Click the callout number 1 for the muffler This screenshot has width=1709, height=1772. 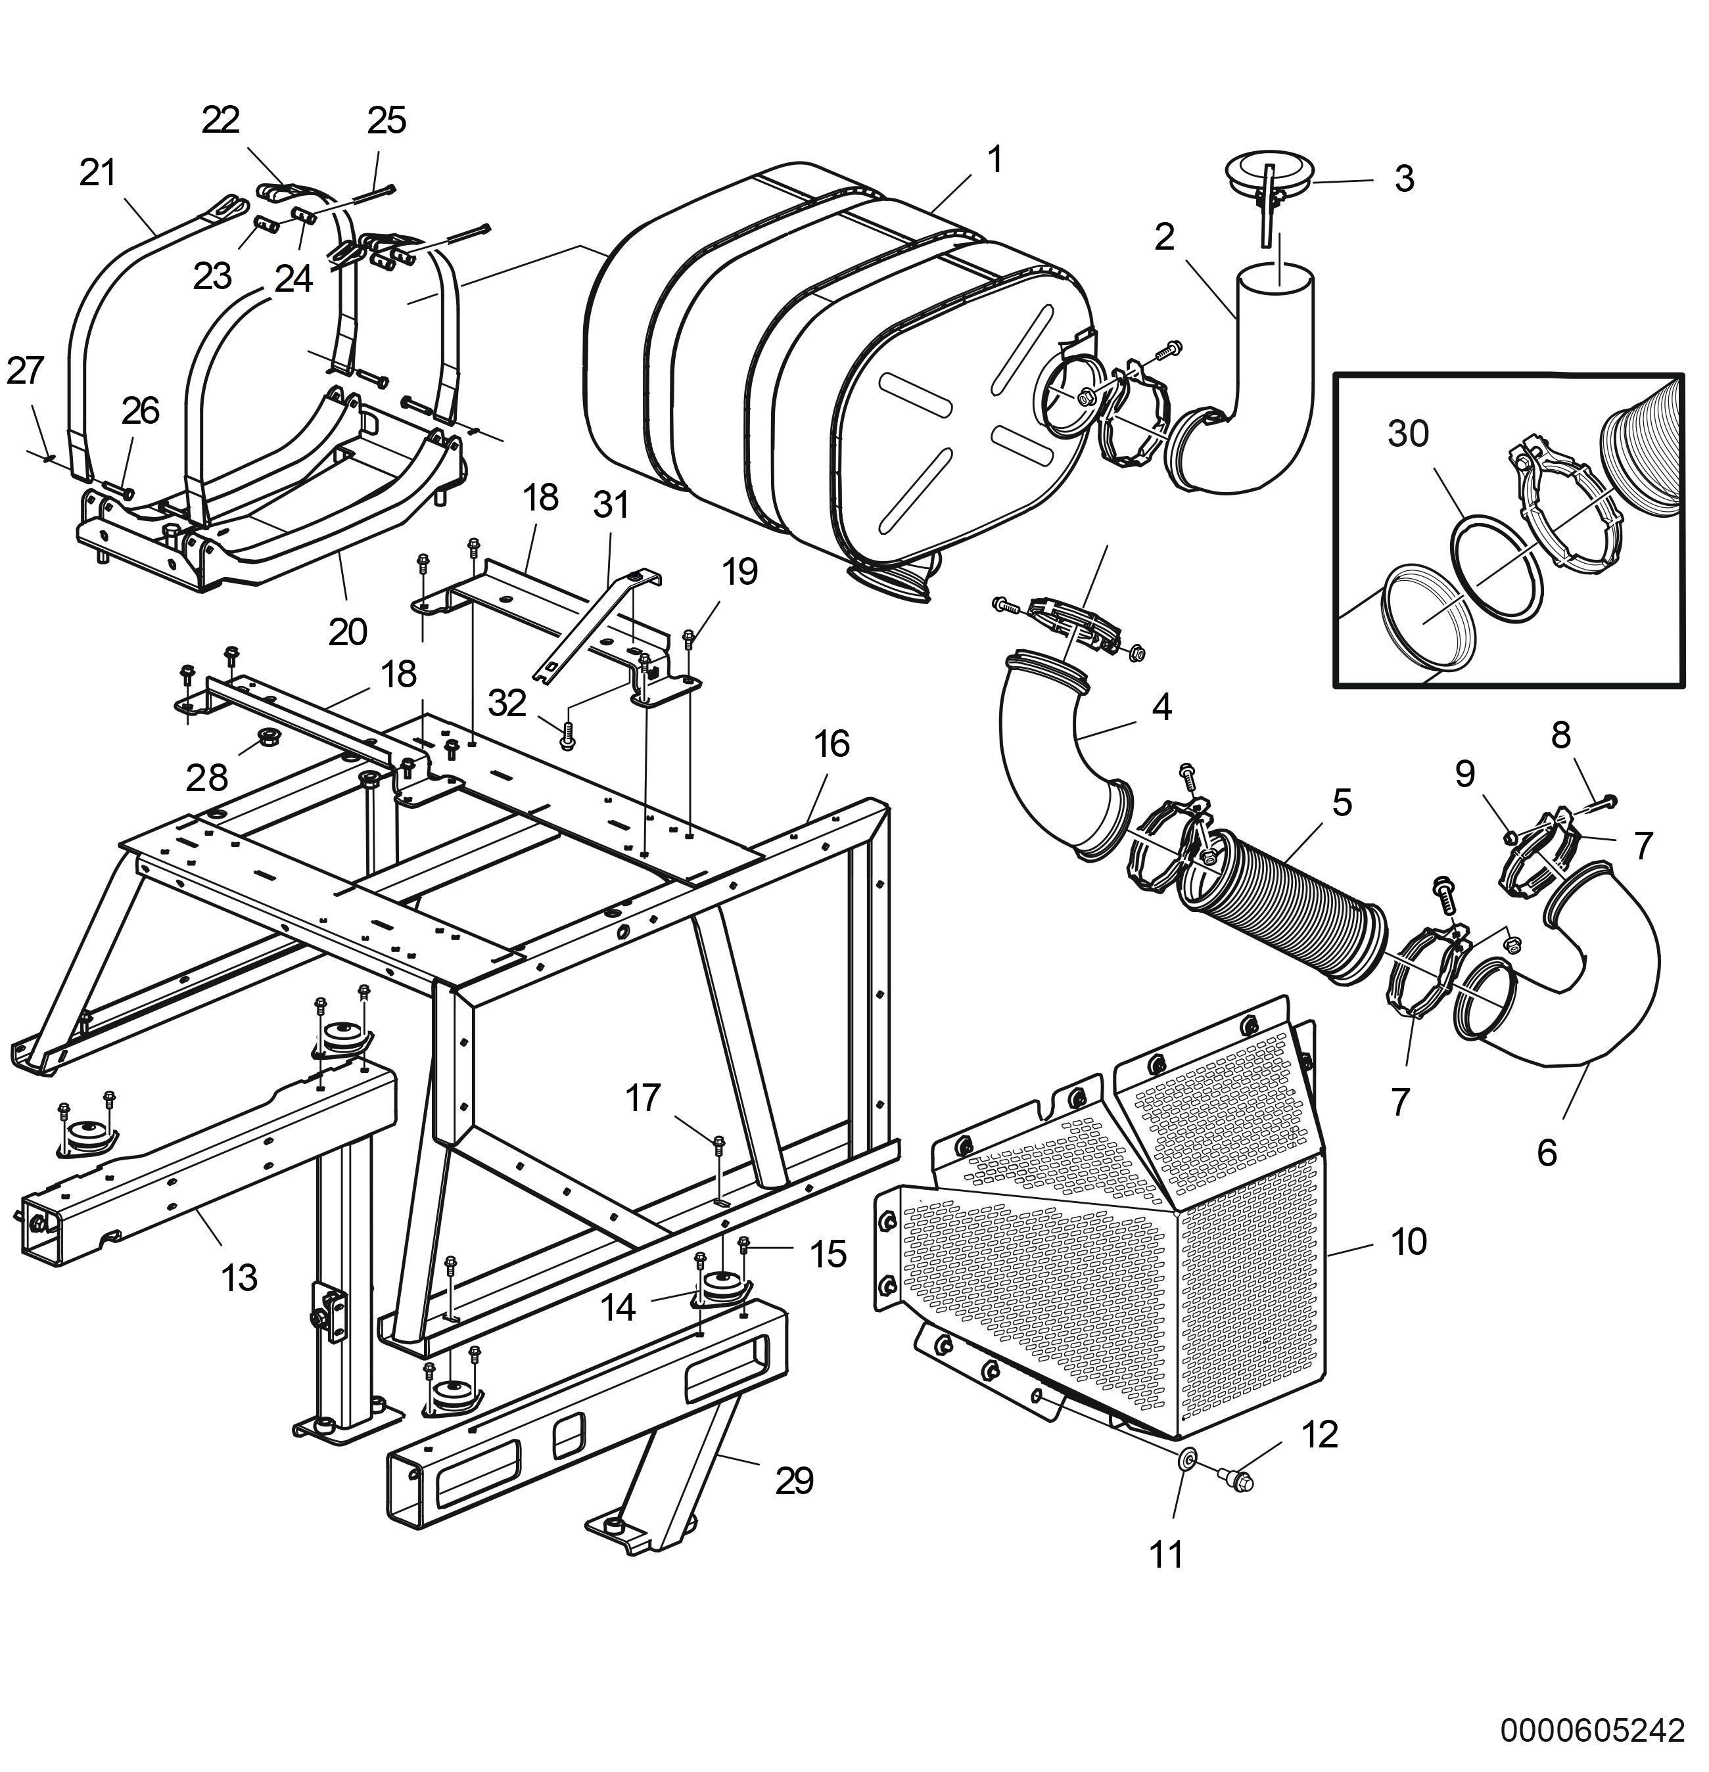coord(995,160)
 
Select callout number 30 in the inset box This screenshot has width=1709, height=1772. coord(1408,434)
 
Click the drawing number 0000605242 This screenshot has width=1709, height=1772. coord(1593,1729)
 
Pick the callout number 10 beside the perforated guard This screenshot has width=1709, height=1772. coord(1408,1241)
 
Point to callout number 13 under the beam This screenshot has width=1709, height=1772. coord(239,1277)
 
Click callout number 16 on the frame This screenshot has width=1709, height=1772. coord(831,743)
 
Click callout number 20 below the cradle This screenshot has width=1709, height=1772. coord(347,631)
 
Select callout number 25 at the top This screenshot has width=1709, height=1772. coord(386,120)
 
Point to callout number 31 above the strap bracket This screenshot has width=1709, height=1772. coord(611,503)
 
